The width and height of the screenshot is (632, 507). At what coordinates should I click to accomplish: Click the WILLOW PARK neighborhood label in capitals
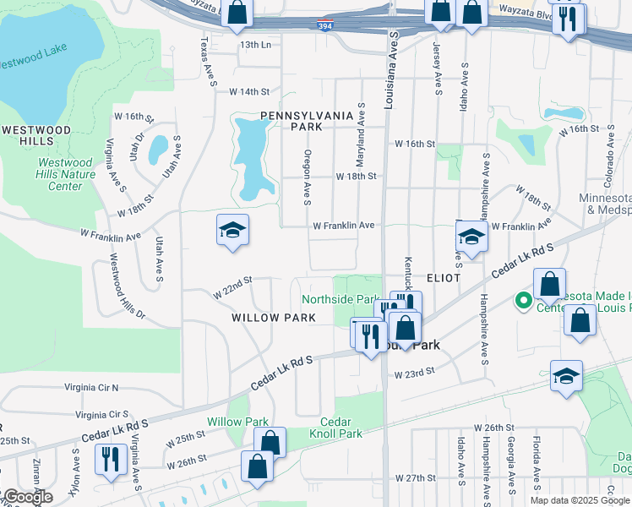pos(262,318)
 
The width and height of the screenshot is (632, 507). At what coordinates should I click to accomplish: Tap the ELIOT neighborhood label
pos(444,277)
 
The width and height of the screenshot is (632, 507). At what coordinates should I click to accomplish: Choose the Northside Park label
pos(340,299)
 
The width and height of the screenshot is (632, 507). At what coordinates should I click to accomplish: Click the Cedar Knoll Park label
pos(341,428)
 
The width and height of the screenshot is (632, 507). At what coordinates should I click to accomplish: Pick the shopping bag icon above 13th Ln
pos(238,12)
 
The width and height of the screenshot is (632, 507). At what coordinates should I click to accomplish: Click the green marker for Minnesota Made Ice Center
pos(524,299)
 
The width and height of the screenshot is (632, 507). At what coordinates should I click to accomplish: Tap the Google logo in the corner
pos(27,498)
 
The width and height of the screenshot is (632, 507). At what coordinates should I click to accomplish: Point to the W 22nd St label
pos(233,286)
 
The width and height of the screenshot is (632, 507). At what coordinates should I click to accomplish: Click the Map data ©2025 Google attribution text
pos(579,500)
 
